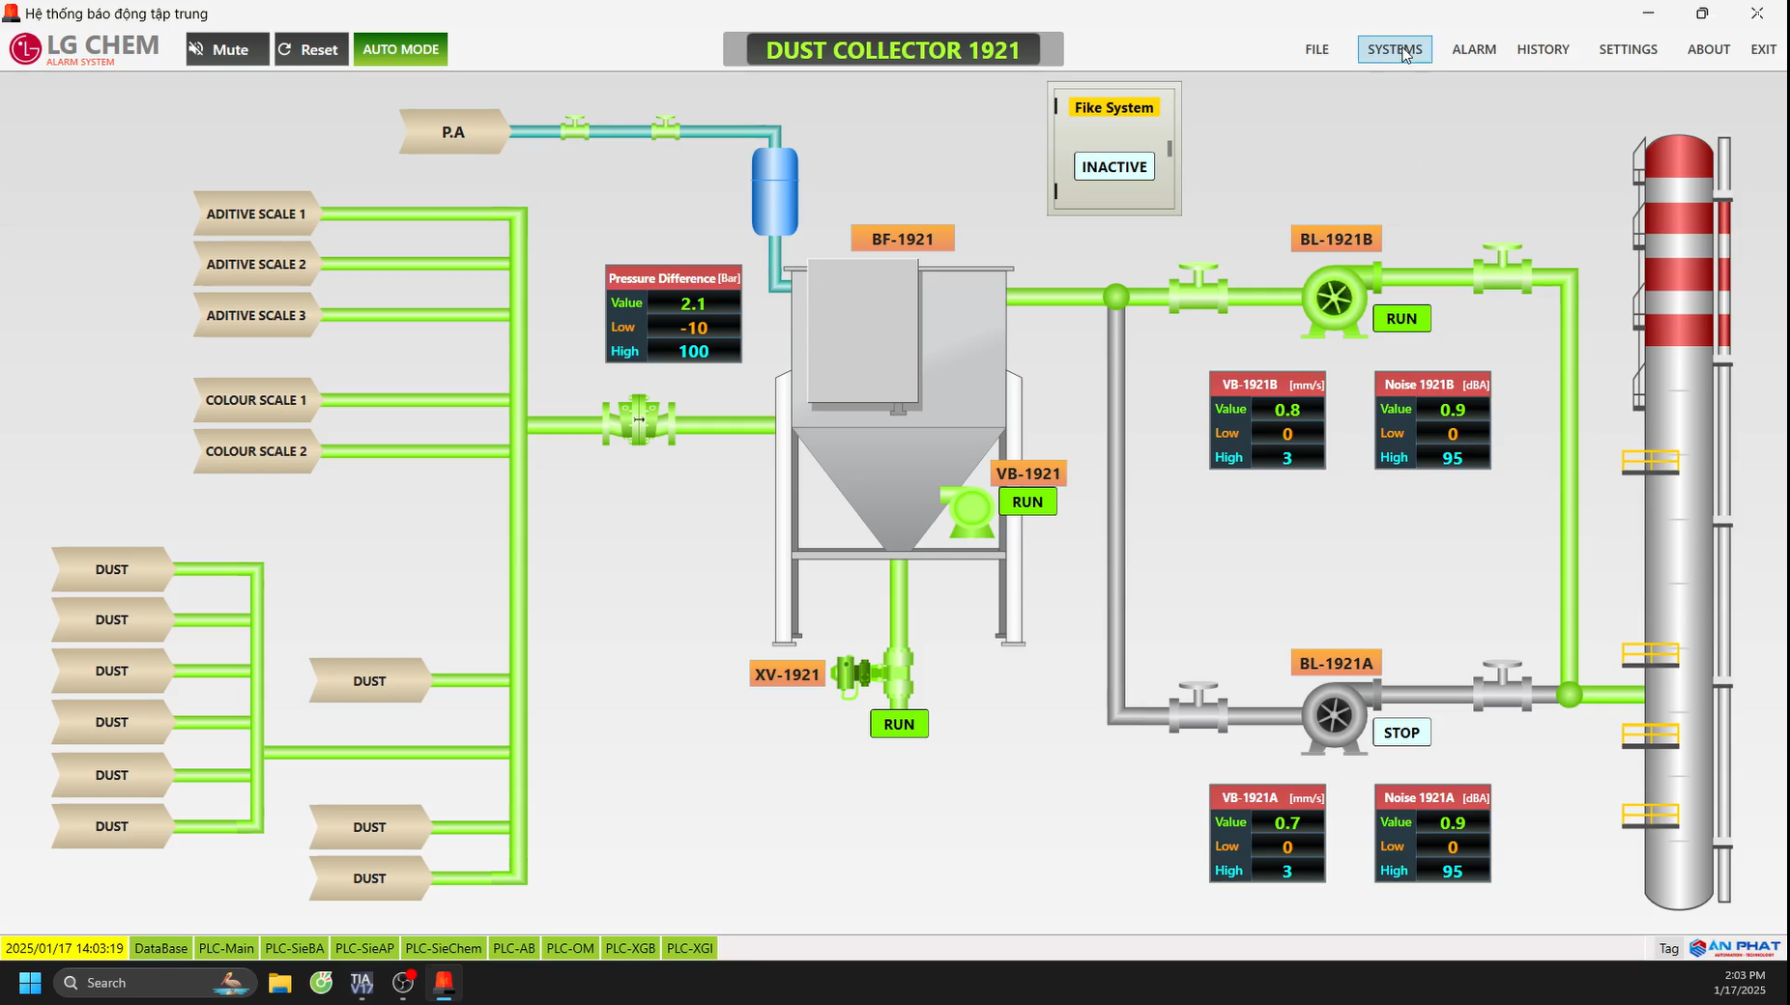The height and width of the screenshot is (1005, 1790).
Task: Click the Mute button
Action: (227, 49)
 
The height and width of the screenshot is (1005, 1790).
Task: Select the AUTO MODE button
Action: (400, 49)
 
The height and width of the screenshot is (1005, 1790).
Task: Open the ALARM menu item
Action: (1473, 49)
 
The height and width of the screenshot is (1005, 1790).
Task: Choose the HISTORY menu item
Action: (1543, 49)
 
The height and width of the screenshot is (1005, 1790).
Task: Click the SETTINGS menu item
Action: (1628, 49)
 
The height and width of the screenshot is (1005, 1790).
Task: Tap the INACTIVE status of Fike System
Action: (1113, 167)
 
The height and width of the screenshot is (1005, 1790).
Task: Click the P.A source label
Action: (452, 132)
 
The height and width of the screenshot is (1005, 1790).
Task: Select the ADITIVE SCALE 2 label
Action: (256, 265)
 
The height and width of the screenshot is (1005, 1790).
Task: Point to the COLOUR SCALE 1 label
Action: (256, 400)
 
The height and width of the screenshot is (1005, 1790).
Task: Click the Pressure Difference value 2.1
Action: (693, 303)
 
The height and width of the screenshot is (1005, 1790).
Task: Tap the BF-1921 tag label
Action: (902, 239)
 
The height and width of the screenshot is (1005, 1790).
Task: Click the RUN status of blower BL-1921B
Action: (1400, 319)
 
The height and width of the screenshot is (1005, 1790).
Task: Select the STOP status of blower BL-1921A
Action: (1400, 732)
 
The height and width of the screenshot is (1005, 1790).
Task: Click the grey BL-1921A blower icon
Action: (1334, 716)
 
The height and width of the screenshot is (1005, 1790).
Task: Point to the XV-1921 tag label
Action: (787, 675)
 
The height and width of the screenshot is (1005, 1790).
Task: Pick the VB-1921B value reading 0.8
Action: (1286, 410)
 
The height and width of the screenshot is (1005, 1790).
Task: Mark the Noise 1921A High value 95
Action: (1452, 872)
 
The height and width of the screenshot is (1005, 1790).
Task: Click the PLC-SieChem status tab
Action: (443, 948)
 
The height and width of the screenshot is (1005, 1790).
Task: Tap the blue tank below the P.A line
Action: (775, 191)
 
